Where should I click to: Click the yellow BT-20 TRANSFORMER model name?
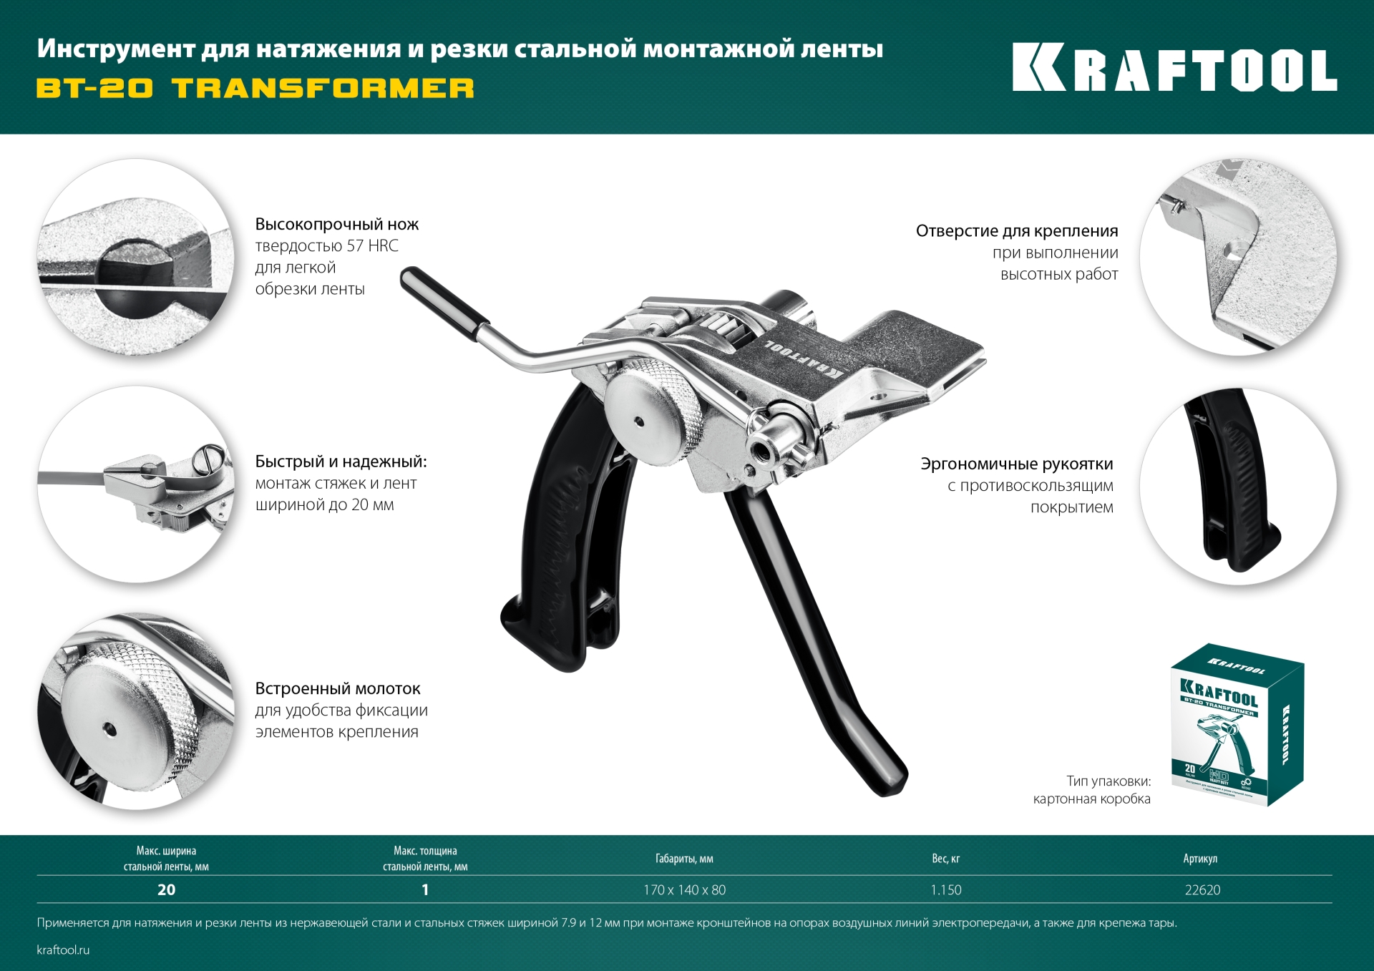pos(255,88)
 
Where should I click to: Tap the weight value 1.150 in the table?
pos(945,889)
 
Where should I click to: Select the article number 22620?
pos(1202,889)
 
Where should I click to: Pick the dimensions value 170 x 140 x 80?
pos(684,889)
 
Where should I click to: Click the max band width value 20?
pos(166,889)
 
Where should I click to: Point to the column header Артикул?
pos(1200,858)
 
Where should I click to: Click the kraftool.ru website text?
pos(63,950)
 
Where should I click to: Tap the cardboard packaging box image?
pos(1237,724)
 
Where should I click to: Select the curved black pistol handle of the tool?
pos(565,544)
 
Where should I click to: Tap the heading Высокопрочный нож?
pos(336,224)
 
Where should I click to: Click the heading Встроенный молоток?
pos(337,688)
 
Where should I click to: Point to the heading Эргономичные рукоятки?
pos(1016,464)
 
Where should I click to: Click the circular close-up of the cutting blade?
pos(135,258)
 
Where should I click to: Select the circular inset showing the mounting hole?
pos(1237,258)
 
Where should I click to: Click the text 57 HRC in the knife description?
pos(372,246)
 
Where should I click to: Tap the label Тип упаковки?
pos(1108,781)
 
